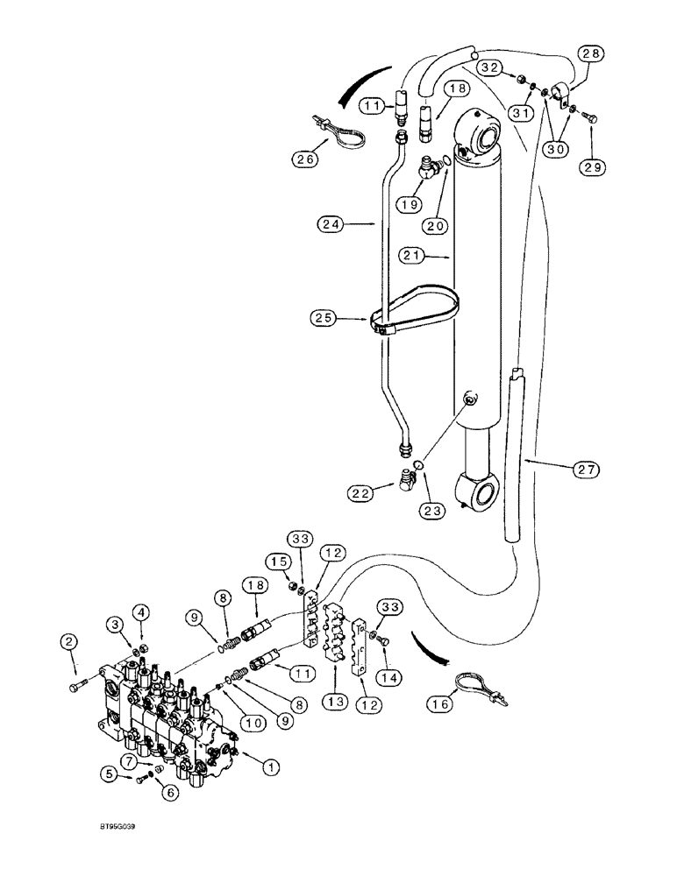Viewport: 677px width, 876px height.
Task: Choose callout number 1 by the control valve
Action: click(x=271, y=766)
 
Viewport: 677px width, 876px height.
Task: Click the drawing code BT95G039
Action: click(x=111, y=825)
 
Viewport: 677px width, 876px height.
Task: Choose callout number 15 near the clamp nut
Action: click(x=278, y=562)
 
